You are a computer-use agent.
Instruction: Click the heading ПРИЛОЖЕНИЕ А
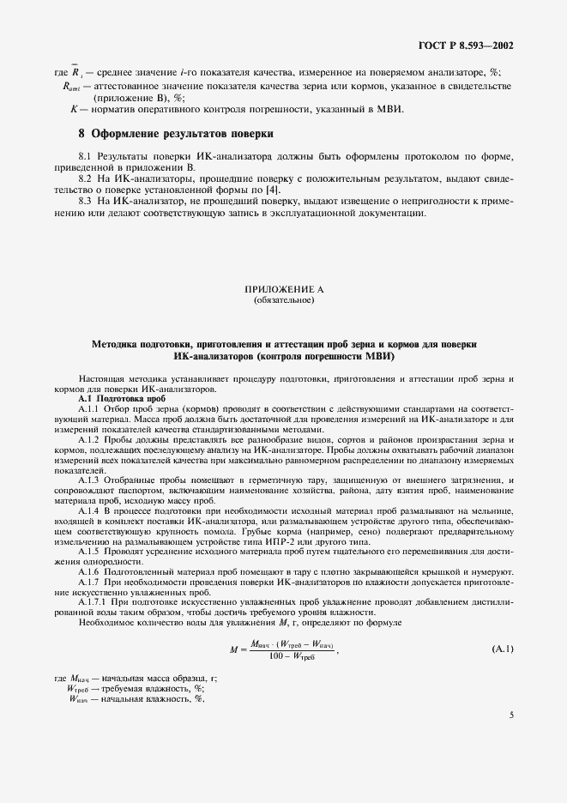tap(283, 292)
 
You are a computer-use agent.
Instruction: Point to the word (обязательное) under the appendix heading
tap(283, 301)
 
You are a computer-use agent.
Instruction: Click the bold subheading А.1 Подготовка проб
tap(111, 399)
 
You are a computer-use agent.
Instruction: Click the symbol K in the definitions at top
tap(73, 109)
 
